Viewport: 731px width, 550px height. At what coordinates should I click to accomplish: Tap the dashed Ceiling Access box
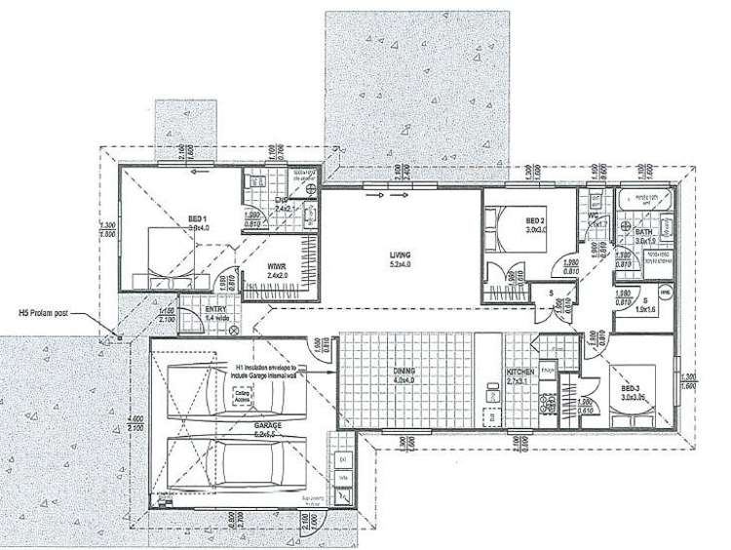point(243,395)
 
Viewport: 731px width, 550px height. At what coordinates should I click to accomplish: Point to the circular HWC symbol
point(666,292)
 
